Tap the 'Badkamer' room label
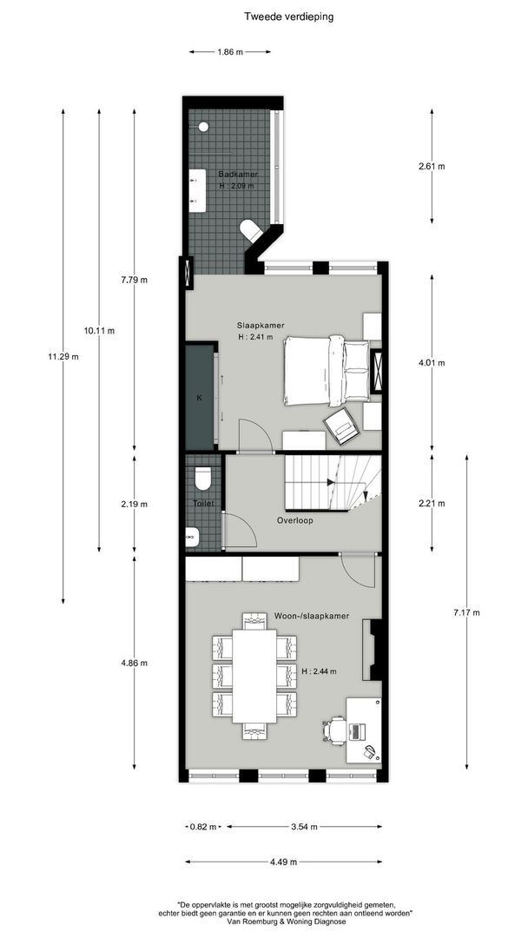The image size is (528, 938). click(237, 175)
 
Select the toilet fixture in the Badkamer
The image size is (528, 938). click(250, 231)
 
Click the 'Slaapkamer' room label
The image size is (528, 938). click(261, 326)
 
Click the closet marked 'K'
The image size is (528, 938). click(200, 398)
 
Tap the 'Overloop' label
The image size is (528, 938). click(294, 521)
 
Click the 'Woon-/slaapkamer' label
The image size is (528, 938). click(312, 616)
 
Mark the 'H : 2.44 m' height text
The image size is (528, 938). click(320, 671)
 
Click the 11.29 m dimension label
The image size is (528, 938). click(63, 356)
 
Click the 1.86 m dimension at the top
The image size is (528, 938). click(230, 52)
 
